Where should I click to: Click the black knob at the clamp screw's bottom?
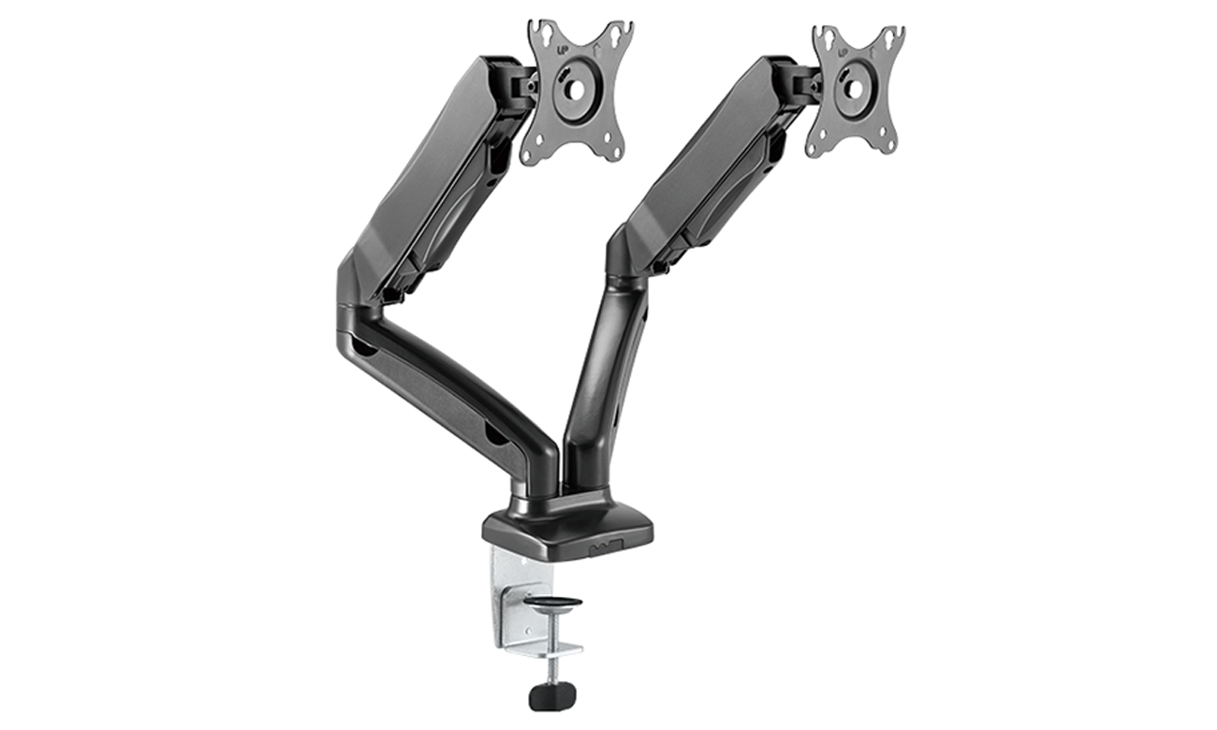coord(551,696)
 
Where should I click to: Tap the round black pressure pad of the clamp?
coord(552,602)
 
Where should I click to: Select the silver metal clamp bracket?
coord(515,599)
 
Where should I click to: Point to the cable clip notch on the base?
coord(604,546)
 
